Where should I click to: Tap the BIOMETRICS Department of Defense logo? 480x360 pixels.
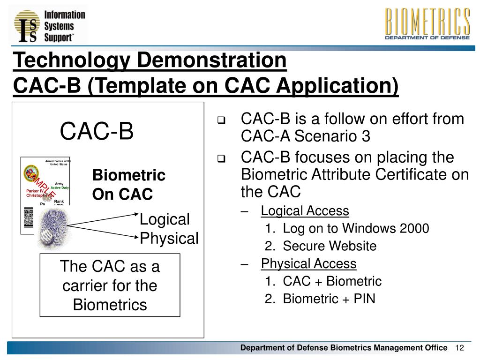427,24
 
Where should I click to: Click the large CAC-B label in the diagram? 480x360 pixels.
97,132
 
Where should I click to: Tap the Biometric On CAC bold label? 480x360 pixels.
128,185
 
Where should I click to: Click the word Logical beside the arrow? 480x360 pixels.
165,219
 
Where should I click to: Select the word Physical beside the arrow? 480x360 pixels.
169,238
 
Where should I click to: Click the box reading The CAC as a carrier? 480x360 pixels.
110,285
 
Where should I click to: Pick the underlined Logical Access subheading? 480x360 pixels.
305,211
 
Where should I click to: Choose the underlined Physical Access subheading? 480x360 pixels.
308,264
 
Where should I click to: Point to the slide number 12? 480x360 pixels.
459,347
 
